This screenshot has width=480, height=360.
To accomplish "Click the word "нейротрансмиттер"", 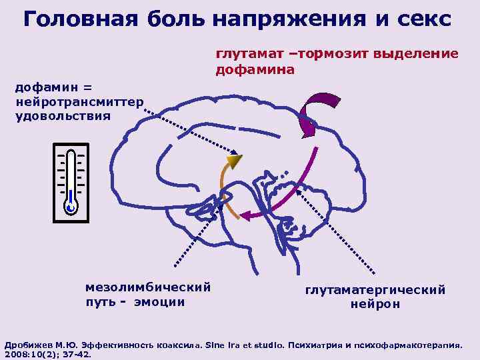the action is (79, 103).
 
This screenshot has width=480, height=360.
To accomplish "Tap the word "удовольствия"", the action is (63, 115).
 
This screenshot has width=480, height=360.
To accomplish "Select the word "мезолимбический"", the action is (149, 287).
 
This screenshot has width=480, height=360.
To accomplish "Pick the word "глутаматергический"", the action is (375, 290).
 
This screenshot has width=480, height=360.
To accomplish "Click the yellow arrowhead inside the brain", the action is (233, 161).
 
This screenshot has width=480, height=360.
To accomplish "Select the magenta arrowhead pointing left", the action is (246, 215).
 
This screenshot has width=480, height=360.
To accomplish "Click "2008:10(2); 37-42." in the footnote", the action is (48, 355).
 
